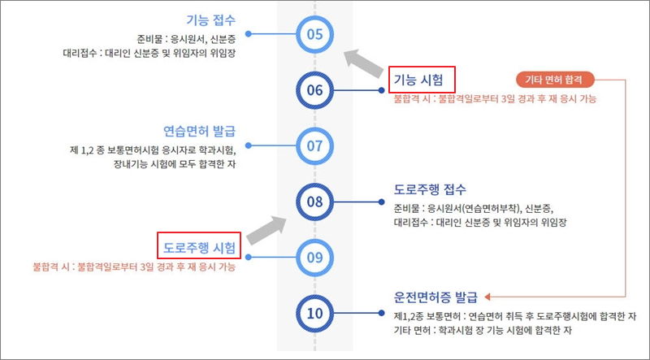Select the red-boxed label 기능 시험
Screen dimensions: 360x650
coord(421,79)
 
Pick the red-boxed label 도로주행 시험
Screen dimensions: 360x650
coord(199,246)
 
